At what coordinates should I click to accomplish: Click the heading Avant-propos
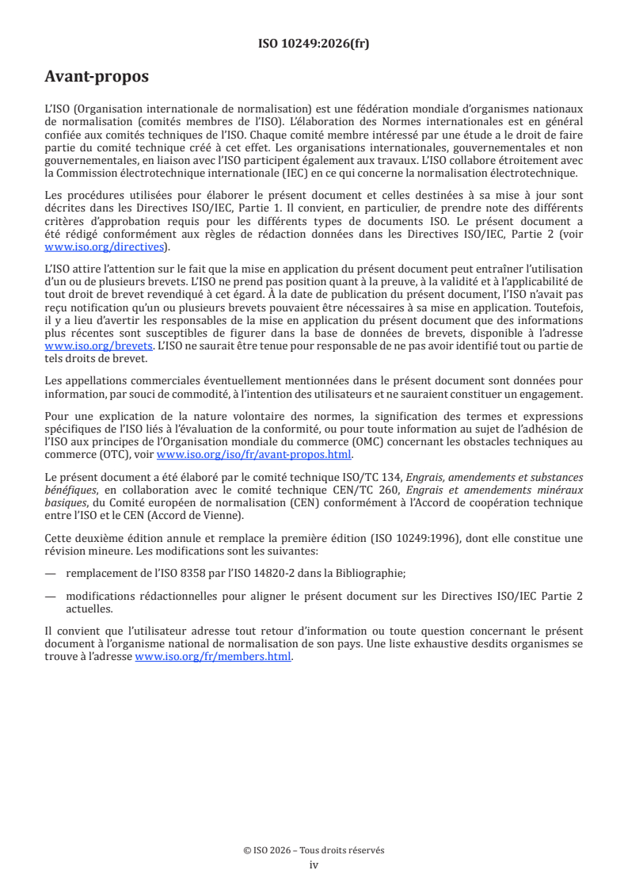tap(97, 78)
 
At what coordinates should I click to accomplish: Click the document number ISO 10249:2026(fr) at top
tap(314, 44)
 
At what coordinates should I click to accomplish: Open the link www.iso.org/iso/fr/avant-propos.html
tap(254, 455)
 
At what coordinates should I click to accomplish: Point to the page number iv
tap(314, 864)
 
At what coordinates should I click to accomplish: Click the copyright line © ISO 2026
tap(314, 850)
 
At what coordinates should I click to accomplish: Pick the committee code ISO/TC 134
tap(371, 477)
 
